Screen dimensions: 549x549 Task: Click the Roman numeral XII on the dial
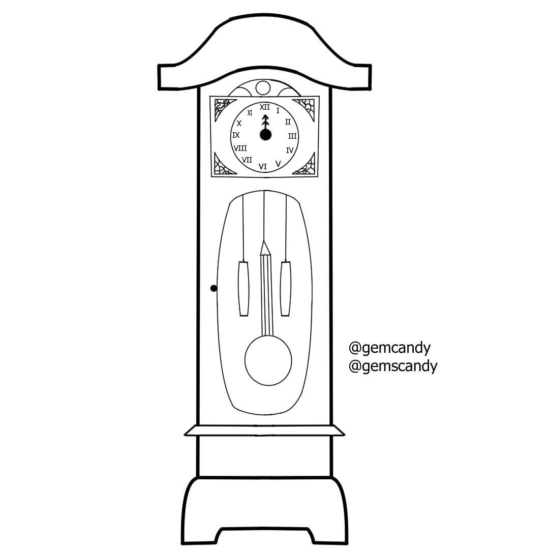[265, 107]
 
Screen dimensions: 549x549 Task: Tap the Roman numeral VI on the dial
[263, 167]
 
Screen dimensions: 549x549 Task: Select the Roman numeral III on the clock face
[292, 136]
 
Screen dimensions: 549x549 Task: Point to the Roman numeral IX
[236, 135]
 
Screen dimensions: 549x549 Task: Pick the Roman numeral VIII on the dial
[240, 148]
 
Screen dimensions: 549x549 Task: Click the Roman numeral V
[278, 164]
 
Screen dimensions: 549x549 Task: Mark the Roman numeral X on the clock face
[239, 124]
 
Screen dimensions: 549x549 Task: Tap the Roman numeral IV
[290, 150]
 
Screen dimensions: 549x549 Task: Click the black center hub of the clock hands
[265, 135]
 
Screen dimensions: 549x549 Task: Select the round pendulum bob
[268, 360]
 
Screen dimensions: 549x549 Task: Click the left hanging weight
[243, 289]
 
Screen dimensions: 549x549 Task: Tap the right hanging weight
[286, 289]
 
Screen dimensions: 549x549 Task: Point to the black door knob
[214, 288]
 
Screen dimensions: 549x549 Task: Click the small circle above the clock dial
[263, 88]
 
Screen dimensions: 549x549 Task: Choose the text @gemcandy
[389, 348]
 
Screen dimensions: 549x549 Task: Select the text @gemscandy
[393, 366]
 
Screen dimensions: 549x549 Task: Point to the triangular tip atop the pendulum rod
[265, 248]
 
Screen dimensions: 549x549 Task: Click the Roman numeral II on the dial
[288, 122]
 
